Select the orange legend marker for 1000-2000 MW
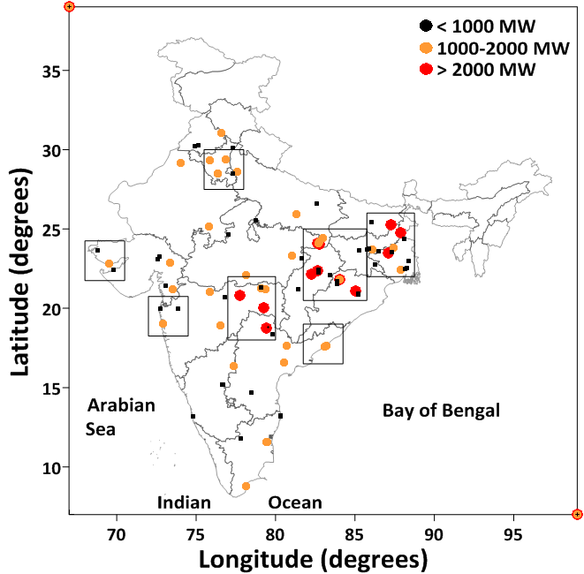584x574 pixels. pos(426,48)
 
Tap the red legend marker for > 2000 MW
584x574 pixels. pos(426,69)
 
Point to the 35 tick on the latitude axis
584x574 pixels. pos(70,71)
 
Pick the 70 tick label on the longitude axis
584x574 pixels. pos(116,530)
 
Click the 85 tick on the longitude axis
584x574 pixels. pos(354,513)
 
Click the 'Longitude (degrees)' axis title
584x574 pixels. pos(313,558)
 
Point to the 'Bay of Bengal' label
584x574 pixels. pos(441,411)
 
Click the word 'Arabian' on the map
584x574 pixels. pos(121,406)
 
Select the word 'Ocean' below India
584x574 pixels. pos(295,502)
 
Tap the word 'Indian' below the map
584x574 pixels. pos(184,502)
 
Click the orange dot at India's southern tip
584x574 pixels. pos(246,487)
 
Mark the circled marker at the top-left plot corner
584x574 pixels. pos(70,7)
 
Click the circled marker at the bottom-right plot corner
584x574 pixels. pos(577,514)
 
